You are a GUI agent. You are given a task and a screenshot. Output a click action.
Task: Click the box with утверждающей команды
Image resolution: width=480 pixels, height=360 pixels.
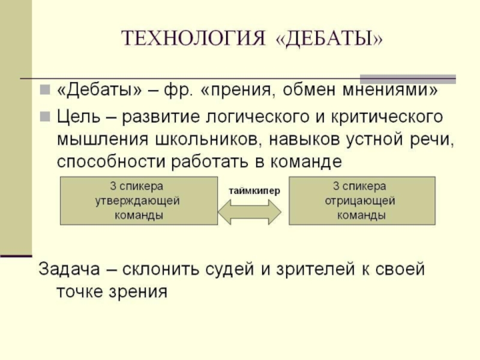138,200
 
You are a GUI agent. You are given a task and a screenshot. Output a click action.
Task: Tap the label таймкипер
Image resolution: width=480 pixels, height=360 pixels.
254,190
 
